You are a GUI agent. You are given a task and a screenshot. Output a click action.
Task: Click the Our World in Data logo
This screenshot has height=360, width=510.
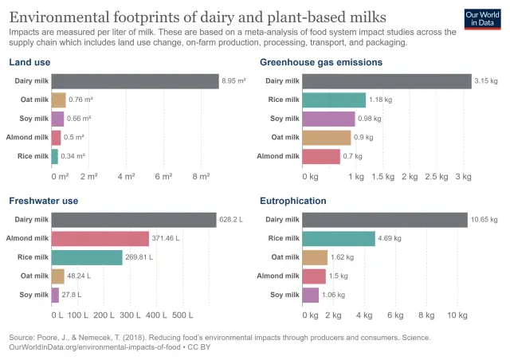[x=483, y=19]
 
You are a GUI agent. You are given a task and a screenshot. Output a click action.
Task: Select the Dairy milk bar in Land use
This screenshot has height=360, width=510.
[x=135, y=80]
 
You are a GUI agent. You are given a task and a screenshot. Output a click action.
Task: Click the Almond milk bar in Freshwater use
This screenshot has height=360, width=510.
[x=100, y=238]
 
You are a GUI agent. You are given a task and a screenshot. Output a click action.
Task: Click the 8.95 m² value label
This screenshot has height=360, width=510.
[x=234, y=80]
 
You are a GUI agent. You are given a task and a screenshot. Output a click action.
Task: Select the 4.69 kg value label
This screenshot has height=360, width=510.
[x=390, y=238]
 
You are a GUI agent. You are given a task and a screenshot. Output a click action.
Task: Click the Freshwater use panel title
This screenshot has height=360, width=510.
[x=43, y=201]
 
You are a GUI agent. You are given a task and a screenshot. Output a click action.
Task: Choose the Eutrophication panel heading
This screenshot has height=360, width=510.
[x=293, y=201]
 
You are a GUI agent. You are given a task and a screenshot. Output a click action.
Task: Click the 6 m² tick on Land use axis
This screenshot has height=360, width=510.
[x=163, y=176]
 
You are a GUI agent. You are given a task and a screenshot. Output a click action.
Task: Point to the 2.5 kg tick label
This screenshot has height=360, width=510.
[x=436, y=176]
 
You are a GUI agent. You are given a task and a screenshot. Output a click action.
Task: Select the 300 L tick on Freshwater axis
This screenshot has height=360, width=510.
[x=130, y=315]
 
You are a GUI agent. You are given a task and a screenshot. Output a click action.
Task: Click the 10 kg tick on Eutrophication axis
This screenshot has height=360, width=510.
[x=457, y=315]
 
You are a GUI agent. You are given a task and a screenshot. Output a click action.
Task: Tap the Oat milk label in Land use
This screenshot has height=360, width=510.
[x=34, y=100]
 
